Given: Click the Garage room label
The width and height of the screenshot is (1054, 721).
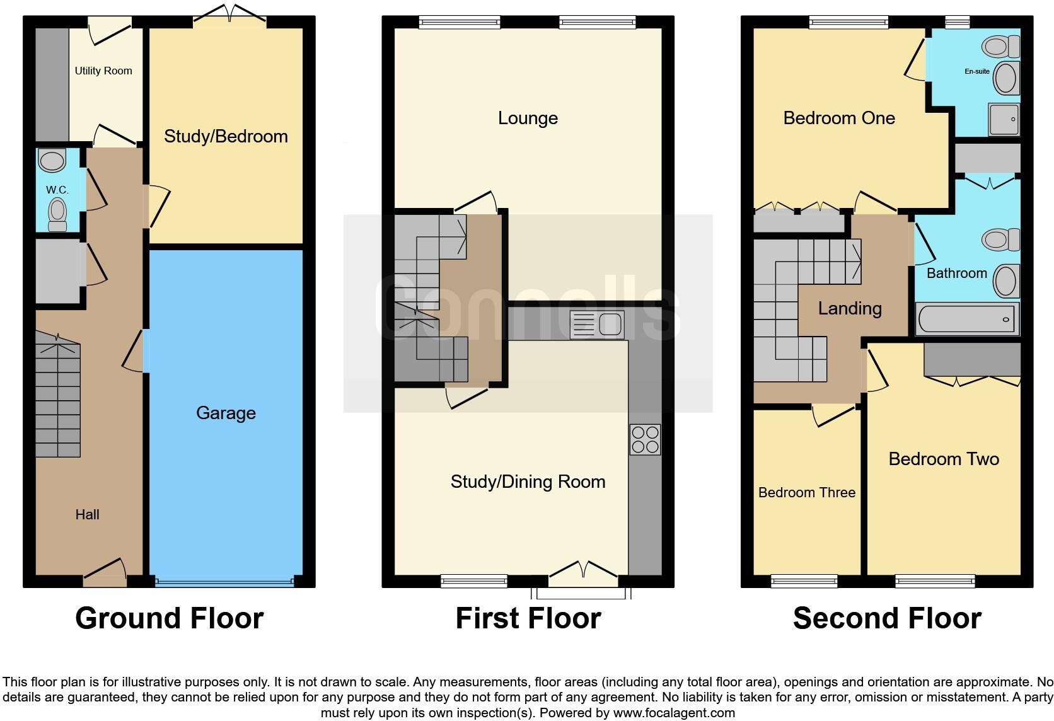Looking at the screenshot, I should point(226,413).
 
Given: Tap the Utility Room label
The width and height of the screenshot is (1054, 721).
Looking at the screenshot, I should point(103,71).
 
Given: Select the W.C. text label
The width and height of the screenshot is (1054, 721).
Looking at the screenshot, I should point(57,190).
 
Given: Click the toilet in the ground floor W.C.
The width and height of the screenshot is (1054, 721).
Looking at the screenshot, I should point(57,214).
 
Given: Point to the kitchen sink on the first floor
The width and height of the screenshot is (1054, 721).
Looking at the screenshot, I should point(596,325).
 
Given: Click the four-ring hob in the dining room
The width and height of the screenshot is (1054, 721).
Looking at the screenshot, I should point(645,439).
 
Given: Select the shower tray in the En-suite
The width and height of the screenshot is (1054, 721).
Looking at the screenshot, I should point(1004,119).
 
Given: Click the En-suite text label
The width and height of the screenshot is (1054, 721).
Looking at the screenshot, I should point(976,71).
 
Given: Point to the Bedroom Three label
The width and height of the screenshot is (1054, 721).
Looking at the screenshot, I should point(806,493).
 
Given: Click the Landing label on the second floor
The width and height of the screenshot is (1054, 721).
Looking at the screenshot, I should point(849,308).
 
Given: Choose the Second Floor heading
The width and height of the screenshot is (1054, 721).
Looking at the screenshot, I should point(886,618).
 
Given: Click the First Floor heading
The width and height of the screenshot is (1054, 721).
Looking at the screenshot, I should point(528,618).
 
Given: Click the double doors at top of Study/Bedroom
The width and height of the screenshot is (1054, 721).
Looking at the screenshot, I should point(230,16).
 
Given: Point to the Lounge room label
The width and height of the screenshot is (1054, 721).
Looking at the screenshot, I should point(528,118).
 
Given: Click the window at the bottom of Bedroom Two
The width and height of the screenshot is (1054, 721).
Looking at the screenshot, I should point(935,580).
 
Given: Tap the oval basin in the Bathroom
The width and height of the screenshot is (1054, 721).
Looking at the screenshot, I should point(1006,281).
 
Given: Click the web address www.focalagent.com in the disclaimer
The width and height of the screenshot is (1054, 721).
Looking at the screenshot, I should point(673,713).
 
